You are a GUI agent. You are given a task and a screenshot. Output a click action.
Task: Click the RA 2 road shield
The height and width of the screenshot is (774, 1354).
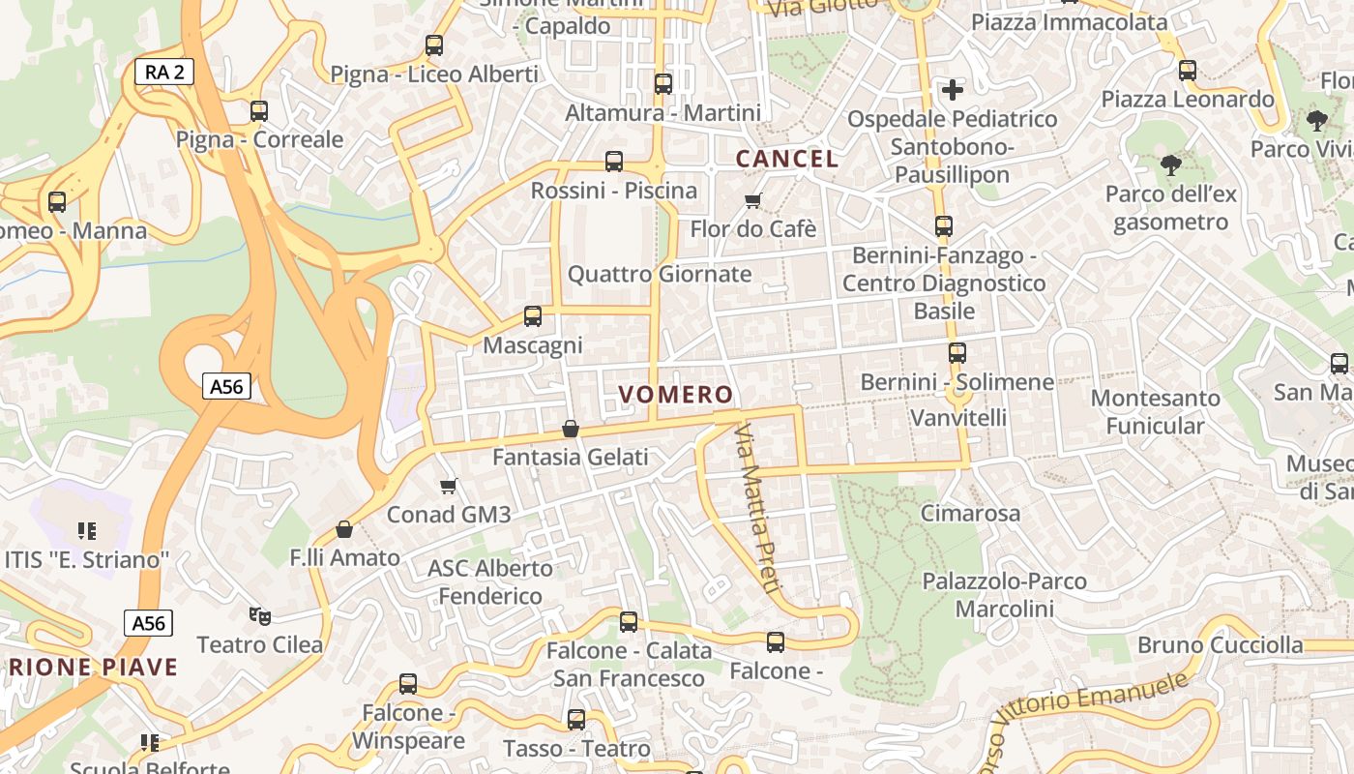point(164,71)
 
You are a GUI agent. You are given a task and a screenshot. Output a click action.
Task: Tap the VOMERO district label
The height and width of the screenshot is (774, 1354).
point(676,395)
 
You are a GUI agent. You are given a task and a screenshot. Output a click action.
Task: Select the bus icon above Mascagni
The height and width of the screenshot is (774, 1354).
point(532,316)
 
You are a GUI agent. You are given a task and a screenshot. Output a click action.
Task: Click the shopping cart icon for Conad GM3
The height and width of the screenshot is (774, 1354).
point(448,486)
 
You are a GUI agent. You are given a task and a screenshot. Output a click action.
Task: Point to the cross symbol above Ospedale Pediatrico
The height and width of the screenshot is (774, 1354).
point(953,90)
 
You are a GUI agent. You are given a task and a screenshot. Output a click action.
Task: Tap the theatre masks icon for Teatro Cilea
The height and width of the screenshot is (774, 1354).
point(259,615)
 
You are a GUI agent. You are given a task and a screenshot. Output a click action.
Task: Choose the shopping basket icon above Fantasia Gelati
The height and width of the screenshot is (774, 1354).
point(571,428)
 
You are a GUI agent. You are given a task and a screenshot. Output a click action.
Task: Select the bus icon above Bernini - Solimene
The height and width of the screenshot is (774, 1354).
point(957,353)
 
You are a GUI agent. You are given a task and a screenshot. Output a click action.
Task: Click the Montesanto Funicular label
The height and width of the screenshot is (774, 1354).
point(1155,412)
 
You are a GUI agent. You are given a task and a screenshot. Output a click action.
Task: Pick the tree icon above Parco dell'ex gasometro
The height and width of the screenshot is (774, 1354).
point(1170,165)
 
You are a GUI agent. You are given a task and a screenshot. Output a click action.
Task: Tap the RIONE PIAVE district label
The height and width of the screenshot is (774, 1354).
point(89,667)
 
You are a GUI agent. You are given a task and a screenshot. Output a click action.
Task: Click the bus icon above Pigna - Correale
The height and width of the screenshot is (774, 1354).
point(258,111)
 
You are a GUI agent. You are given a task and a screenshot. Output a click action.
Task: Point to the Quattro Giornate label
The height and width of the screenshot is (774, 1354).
point(659,274)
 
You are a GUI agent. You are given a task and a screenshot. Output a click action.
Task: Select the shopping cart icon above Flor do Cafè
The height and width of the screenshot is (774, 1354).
point(752,201)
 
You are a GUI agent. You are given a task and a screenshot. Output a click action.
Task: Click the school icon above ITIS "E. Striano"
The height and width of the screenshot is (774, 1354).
point(87,531)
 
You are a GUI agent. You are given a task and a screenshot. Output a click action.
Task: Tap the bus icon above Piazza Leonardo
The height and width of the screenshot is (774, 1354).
point(1187,71)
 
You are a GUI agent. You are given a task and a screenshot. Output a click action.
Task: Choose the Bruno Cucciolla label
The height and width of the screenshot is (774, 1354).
point(1220,645)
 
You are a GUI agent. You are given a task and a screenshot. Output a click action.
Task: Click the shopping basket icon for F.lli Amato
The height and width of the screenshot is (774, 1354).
point(343,529)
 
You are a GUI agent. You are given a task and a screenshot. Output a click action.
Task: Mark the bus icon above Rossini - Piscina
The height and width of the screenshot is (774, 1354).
point(613,162)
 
